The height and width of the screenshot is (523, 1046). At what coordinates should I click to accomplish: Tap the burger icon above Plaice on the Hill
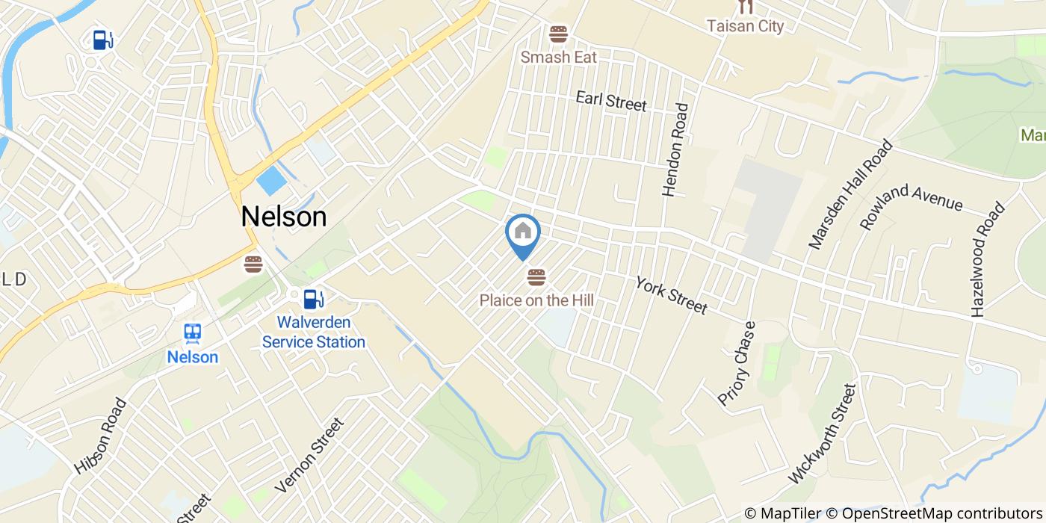tap(536, 278)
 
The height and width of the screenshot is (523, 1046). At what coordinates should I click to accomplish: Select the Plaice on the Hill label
tap(536, 300)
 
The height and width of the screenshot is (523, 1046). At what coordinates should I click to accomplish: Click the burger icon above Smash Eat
tap(558, 34)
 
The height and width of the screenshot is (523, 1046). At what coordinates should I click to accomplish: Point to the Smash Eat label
tap(559, 57)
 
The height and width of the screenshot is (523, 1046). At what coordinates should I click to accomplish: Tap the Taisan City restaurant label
tap(745, 26)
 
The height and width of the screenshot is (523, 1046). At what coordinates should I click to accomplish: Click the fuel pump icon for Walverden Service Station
tap(313, 299)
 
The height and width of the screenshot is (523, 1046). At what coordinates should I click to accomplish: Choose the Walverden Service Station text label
tap(313, 332)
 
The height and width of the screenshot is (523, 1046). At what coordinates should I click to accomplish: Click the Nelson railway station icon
tap(193, 333)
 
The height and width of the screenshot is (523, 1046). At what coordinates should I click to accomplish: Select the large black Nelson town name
tap(284, 217)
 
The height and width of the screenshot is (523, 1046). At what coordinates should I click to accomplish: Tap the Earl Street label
tap(610, 101)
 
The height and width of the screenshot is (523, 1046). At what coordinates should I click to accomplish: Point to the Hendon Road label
tap(675, 149)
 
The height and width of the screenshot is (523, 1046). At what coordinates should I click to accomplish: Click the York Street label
tap(671, 295)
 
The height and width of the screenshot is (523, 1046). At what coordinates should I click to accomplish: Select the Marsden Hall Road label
tap(851, 194)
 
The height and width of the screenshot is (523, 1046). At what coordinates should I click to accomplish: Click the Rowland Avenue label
tap(911, 205)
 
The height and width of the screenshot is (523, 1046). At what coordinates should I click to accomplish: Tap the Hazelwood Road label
tap(988, 260)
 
